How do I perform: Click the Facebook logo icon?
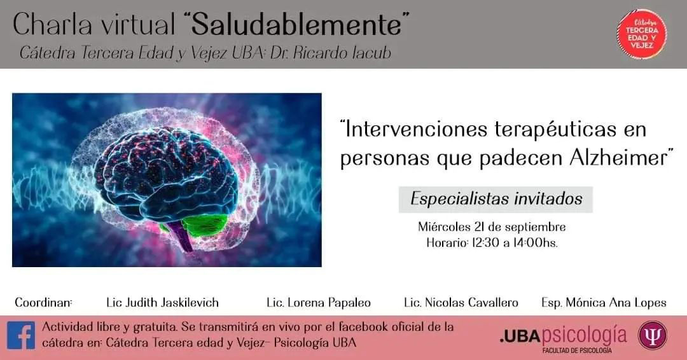coord(20,336)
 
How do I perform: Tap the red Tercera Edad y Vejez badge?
coord(642,34)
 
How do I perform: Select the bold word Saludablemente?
coord(296,25)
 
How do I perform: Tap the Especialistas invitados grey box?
coord(496,199)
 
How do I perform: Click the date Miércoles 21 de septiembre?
coord(492,227)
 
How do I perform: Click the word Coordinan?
coord(43,303)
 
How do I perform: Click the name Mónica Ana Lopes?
coord(616,303)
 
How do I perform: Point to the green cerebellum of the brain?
coord(204,225)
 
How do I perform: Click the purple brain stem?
coord(182,236)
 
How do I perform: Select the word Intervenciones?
coord(415,130)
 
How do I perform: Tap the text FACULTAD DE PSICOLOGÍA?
coord(576,350)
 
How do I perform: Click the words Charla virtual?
coord(94,25)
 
